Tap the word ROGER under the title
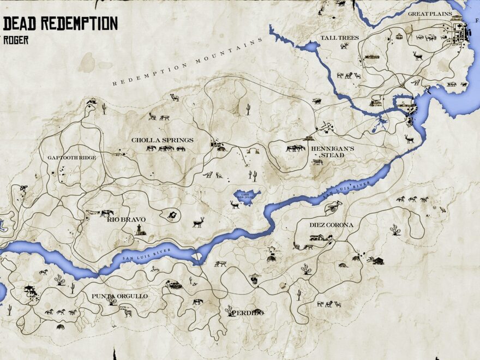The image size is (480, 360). click(x=16, y=40)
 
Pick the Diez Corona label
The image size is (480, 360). click(x=331, y=225)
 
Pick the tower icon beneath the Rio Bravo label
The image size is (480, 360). click(x=140, y=229)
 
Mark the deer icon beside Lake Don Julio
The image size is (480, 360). click(x=236, y=205)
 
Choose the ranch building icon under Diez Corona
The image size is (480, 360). click(x=321, y=237)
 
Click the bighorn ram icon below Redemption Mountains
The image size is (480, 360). click(x=175, y=97)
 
